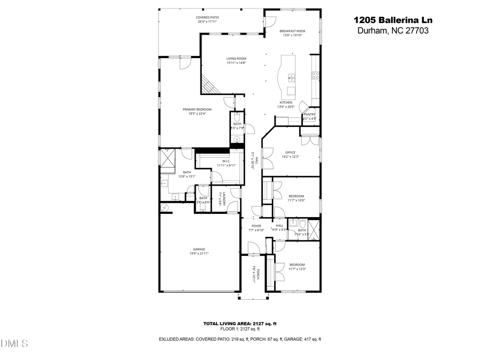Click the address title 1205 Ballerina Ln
(x=393, y=20)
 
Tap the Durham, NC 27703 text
(x=393, y=31)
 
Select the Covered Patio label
(x=208, y=20)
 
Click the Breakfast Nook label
(x=292, y=33)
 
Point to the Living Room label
(x=236, y=61)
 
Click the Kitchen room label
(x=286, y=105)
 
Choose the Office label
(x=290, y=154)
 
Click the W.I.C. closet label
(x=226, y=163)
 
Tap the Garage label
(x=199, y=251)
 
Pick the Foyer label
(x=257, y=228)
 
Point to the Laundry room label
(x=225, y=199)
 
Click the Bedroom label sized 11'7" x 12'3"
(x=297, y=267)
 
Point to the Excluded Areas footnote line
(x=239, y=339)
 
